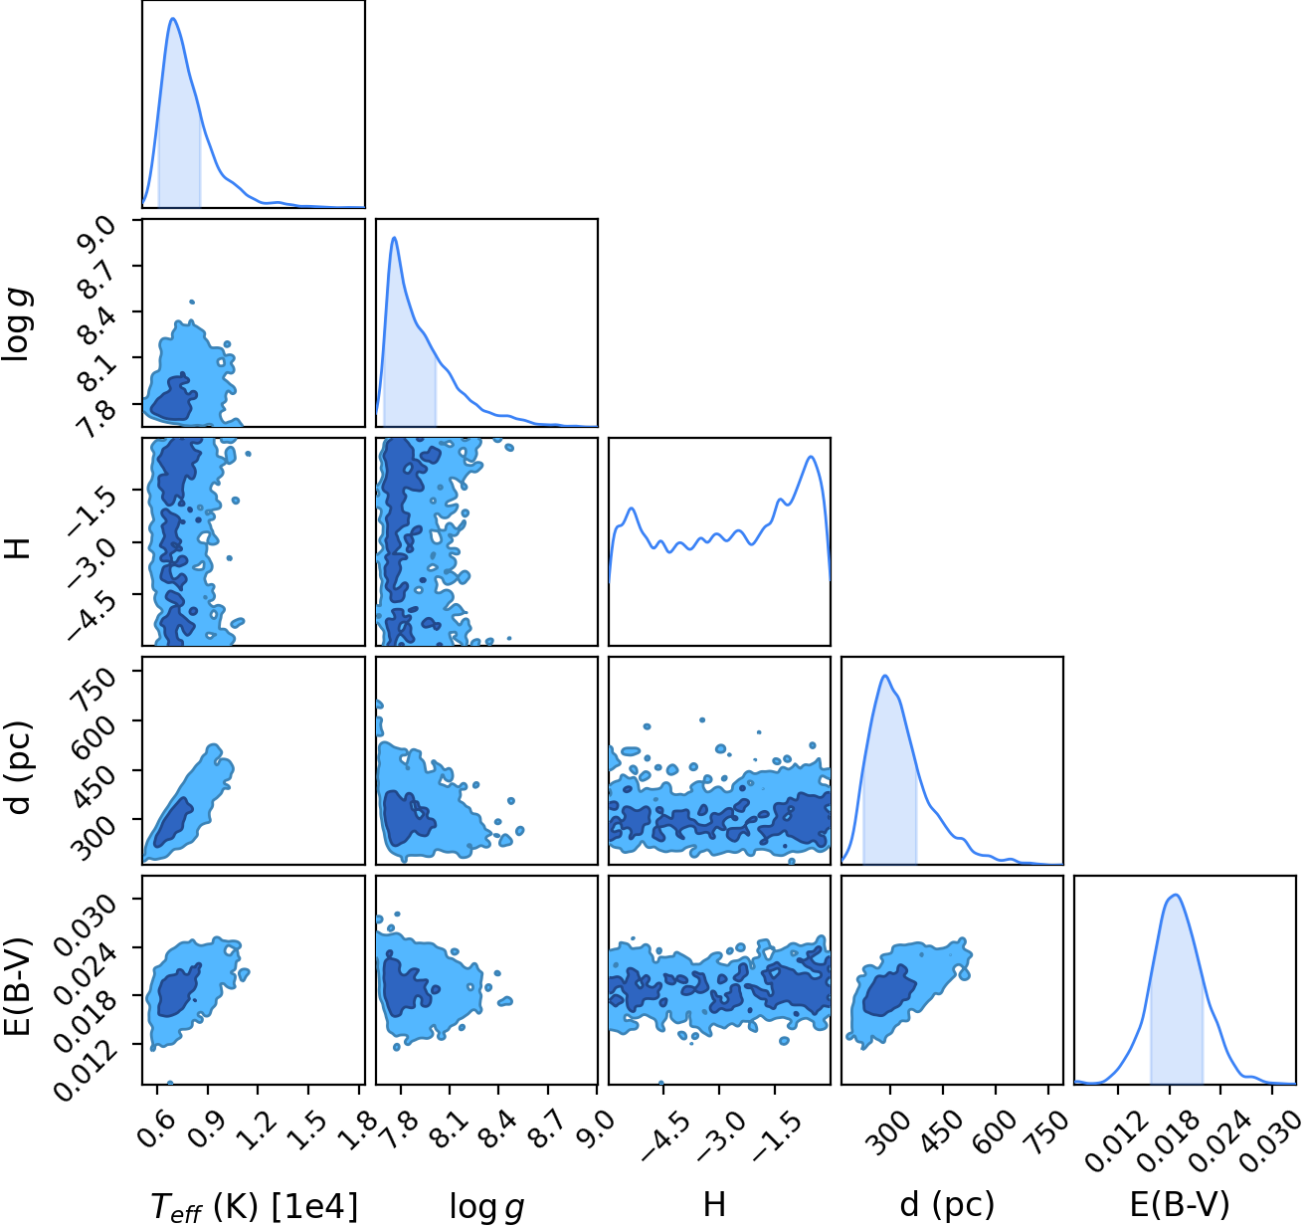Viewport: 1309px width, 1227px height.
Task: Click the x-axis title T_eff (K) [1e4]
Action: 255,1206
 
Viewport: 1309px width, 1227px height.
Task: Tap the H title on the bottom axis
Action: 714,1204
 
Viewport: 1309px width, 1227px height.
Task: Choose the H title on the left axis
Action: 18,548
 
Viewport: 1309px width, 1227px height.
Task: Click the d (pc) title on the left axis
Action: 18,768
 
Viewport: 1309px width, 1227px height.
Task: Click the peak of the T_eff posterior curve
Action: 173,19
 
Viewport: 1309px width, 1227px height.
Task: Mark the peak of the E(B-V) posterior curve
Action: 1176,896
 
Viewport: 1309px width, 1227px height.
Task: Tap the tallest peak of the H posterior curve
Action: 812,457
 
